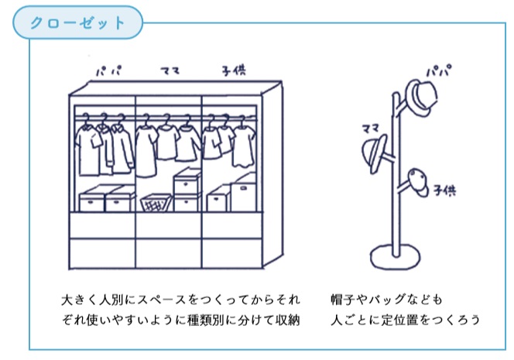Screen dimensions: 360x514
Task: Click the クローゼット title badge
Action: tap(77, 22)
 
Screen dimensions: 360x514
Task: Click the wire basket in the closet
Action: tap(156, 204)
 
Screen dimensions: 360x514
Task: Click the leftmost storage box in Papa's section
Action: tap(92, 201)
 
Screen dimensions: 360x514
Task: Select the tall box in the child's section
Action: tap(245, 194)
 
